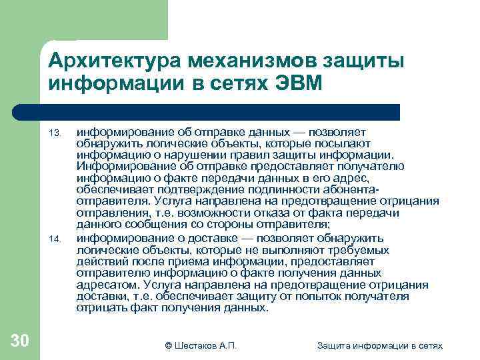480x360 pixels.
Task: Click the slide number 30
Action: pyautogui.click(x=20, y=341)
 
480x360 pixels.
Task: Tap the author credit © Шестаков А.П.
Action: pyautogui.click(x=201, y=345)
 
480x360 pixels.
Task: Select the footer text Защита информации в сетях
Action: pyautogui.click(x=380, y=345)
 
